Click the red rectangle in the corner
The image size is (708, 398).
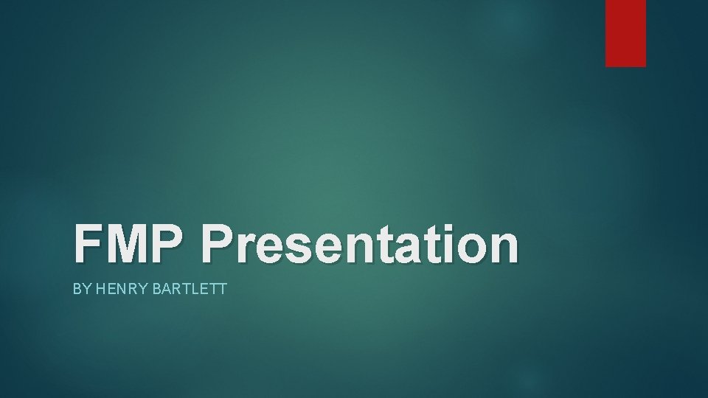tap(625, 32)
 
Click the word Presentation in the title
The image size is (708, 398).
tap(361, 245)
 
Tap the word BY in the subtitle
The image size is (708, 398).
tap(80, 289)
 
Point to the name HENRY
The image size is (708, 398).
tap(112, 289)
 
